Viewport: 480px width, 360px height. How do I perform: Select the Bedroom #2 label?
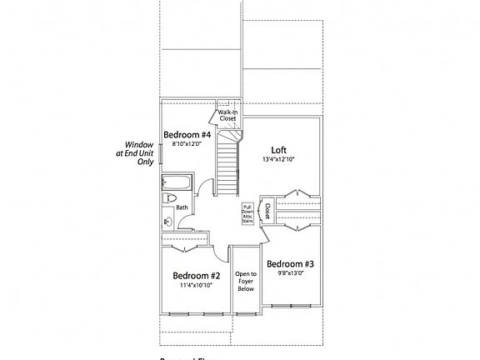pos(196,276)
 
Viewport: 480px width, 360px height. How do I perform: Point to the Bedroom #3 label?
pos(289,263)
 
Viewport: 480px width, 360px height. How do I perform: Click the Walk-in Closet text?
pos(227,115)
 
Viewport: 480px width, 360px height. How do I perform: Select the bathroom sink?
pos(167,222)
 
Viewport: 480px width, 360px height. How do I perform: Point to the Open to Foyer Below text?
pos(246,282)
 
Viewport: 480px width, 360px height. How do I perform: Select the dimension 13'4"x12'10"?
pos(278,159)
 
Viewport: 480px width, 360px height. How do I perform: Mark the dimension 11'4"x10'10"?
pos(196,286)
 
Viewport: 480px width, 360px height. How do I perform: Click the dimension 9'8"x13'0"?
pos(289,273)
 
